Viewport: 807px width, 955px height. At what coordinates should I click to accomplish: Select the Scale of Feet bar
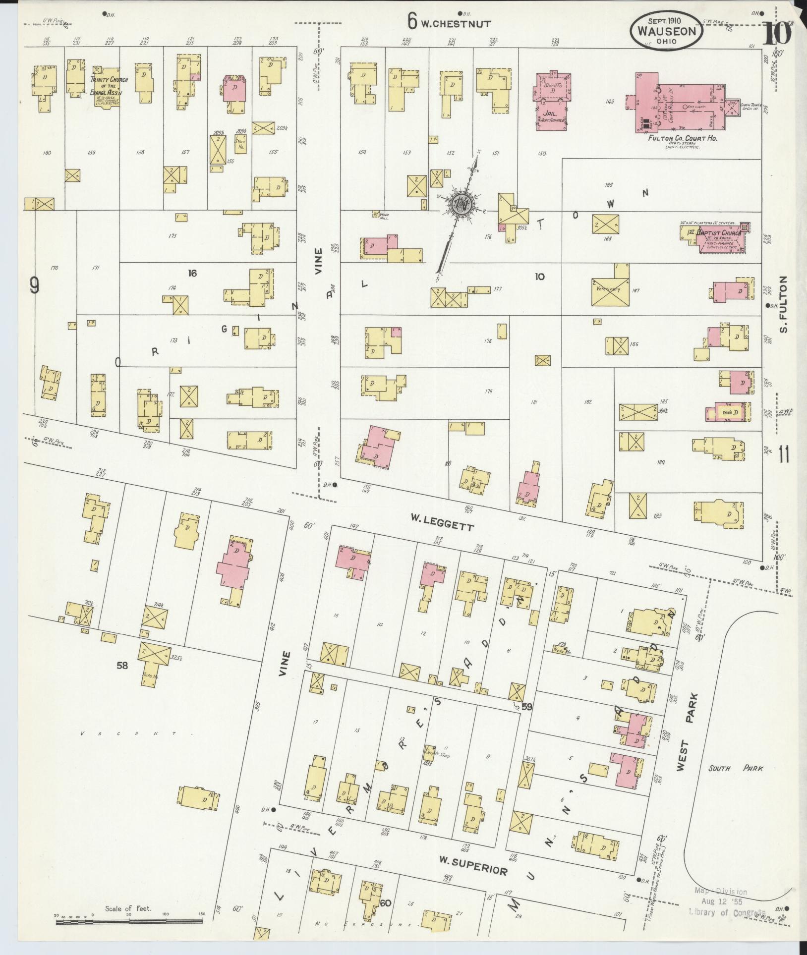pyautogui.click(x=129, y=921)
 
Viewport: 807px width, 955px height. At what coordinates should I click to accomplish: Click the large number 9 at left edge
pyautogui.click(x=34, y=285)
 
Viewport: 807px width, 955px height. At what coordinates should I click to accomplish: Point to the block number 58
pyautogui.click(x=122, y=665)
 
